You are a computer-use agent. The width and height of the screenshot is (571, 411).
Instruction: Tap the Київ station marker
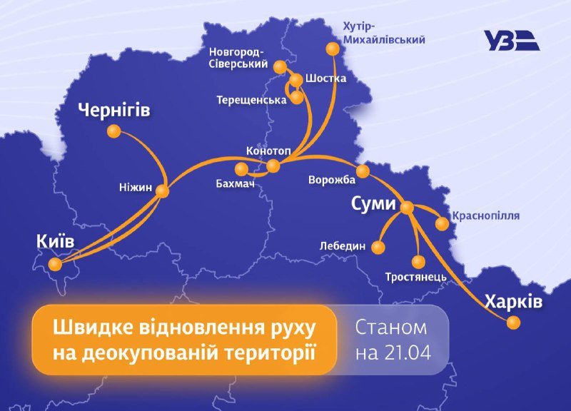pyautogui.click(x=55, y=265)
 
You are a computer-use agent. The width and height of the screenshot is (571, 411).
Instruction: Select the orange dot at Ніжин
pyautogui.click(x=163, y=191)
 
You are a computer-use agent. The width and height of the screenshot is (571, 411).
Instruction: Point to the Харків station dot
pyautogui.click(x=512, y=323)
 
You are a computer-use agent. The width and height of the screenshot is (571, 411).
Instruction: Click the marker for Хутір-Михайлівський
pyautogui.click(x=332, y=49)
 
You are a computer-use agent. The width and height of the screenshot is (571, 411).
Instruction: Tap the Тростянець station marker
pyautogui.click(x=418, y=262)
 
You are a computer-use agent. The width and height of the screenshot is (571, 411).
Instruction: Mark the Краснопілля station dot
pyautogui.click(x=442, y=224)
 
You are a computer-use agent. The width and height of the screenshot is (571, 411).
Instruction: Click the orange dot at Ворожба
pyautogui.click(x=363, y=171)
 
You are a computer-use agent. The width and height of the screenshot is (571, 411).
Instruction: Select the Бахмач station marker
pyautogui.click(x=242, y=169)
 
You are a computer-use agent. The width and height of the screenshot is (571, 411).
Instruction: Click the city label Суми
pyautogui.click(x=373, y=203)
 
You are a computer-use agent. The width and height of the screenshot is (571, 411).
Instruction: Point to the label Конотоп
pyautogui.click(x=268, y=151)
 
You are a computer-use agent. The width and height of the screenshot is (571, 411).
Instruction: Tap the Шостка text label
pyautogui.click(x=325, y=78)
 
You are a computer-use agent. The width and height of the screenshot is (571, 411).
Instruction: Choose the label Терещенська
pyautogui.click(x=251, y=101)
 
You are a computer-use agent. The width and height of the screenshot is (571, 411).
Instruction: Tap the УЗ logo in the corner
pyautogui.click(x=511, y=41)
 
